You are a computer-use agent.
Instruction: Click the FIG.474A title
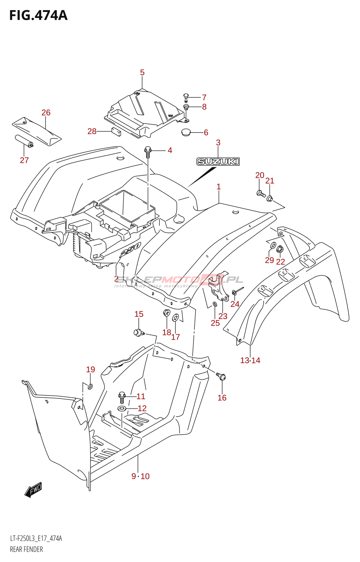(x=38, y=16)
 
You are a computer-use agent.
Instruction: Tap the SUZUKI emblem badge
(x=218, y=162)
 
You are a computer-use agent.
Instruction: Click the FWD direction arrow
(x=33, y=490)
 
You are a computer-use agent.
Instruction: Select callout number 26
(x=46, y=113)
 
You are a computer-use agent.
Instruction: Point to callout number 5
(x=142, y=73)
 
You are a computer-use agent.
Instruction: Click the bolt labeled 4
(x=148, y=152)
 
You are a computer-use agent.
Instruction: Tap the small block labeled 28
(x=116, y=132)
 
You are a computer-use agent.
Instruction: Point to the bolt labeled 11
(x=122, y=397)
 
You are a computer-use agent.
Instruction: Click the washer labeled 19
(x=90, y=387)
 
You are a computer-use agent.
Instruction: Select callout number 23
(x=223, y=316)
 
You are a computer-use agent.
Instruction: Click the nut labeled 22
(x=280, y=250)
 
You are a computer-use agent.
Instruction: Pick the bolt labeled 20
(x=261, y=194)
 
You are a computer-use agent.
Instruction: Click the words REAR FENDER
(x=26, y=549)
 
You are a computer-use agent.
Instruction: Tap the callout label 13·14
(x=250, y=360)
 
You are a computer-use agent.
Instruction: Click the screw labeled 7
(x=186, y=96)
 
